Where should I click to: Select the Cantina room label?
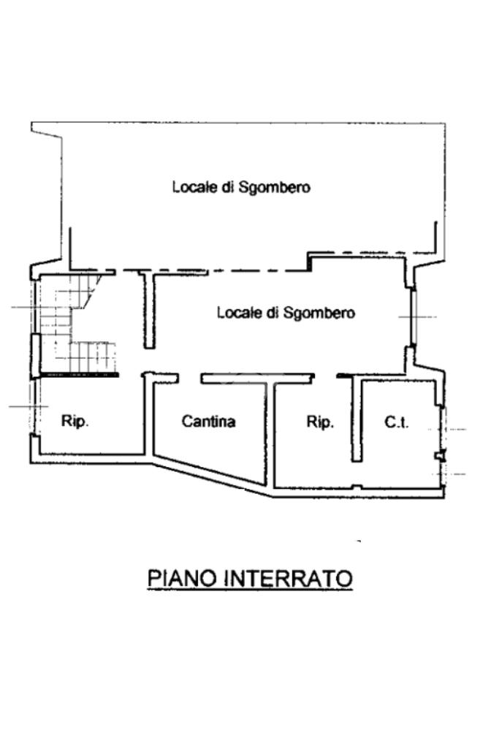(208, 422)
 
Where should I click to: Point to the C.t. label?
(397, 422)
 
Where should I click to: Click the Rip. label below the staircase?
(75, 422)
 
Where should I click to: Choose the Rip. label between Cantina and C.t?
(320, 422)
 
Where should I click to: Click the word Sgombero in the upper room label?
(275, 187)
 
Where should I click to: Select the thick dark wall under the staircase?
(79, 374)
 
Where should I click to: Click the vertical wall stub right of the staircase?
(149, 311)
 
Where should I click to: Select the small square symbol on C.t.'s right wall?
(439, 456)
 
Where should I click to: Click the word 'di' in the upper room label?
(228, 187)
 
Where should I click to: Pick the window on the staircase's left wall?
(34, 356)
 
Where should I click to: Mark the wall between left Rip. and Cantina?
(149, 417)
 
